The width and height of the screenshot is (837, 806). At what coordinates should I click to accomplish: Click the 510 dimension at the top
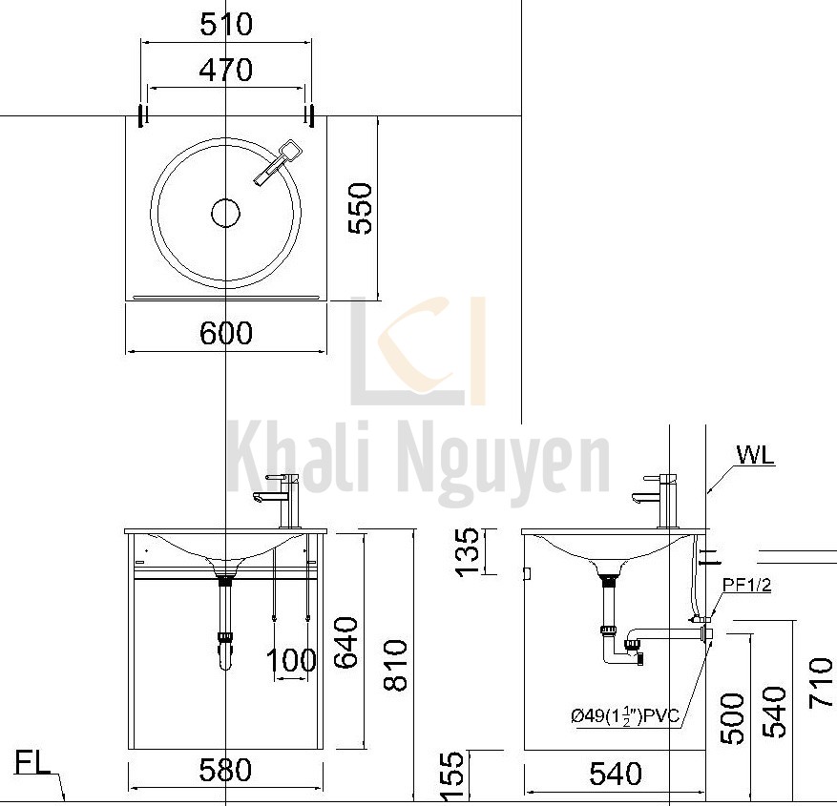[226, 24]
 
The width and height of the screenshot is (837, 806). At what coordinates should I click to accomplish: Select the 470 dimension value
[226, 71]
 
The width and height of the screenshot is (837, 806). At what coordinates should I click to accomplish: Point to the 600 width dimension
[226, 333]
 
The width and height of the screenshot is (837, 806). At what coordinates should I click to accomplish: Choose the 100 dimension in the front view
[291, 660]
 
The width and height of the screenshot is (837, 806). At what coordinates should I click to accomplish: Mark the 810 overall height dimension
[393, 665]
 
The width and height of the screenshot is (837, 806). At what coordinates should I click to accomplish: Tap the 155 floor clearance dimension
[454, 775]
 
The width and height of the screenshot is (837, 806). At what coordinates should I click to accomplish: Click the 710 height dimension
[820, 683]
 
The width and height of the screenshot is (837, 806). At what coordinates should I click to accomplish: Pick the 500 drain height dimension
[730, 715]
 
